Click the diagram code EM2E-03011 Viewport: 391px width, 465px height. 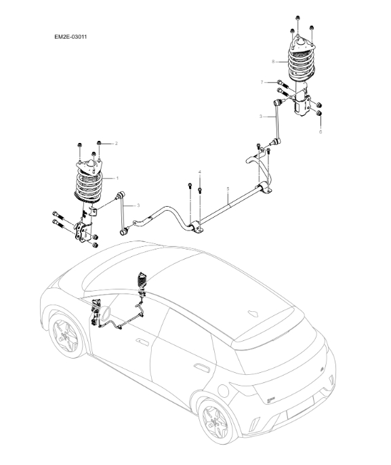coord(70,37)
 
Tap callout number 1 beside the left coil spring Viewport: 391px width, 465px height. coord(117,178)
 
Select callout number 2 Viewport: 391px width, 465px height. coord(117,144)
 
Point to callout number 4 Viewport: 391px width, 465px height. coord(200,172)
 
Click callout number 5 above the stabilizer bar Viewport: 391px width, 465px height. coord(228,188)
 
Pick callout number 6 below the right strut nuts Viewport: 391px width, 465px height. coord(321,132)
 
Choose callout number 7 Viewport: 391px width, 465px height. coord(262,82)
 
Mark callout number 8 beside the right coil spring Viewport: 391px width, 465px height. coord(273,62)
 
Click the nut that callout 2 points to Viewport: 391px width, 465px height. coord(100,144)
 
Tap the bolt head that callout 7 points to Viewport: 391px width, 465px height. coord(280,82)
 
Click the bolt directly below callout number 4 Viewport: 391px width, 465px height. coord(200,190)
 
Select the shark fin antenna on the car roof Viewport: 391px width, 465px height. coord(253,313)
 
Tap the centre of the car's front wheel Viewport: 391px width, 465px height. coord(64,335)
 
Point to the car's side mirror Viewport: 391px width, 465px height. coord(106,313)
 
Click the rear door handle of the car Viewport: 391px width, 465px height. coord(201,367)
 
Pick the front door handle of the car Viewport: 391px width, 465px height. coord(142,342)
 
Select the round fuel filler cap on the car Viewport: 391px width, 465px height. coord(223,391)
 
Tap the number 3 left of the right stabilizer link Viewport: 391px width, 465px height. coord(261,117)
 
